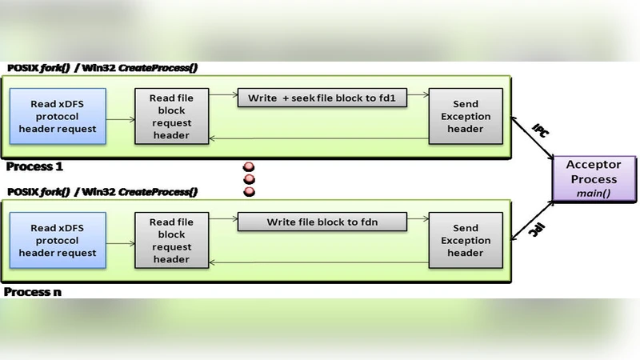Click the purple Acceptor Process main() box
[x=593, y=179]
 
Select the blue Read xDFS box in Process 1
[x=58, y=117]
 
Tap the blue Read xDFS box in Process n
[x=58, y=241]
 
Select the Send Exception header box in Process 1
[x=466, y=117]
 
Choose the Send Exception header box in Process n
[x=466, y=241]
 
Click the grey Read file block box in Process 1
[x=171, y=117]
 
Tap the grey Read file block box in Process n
[x=171, y=241]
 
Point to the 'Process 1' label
[x=34, y=167]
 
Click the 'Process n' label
[x=33, y=292]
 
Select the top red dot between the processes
[x=249, y=167]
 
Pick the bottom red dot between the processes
[x=249, y=192]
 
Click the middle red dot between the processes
[x=249, y=179]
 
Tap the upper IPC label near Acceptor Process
[x=541, y=130]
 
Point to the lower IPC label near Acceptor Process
[x=541, y=230]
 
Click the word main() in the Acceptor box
[x=593, y=192]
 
